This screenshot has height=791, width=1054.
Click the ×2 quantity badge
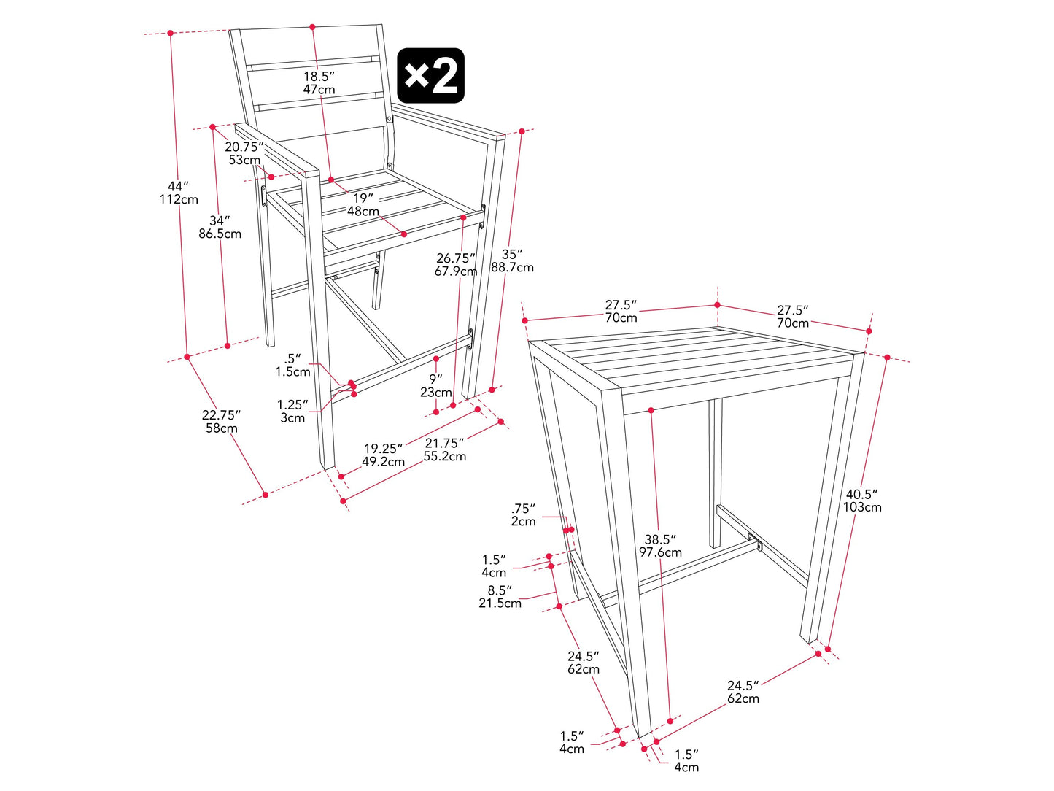tap(430, 75)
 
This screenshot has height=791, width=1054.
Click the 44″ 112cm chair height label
tap(179, 193)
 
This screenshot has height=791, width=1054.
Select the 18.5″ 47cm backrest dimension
tap(319, 82)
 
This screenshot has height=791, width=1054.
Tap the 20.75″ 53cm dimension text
tap(244, 153)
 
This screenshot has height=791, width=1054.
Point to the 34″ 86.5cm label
tap(220, 227)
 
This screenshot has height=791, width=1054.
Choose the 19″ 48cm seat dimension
tap(363, 204)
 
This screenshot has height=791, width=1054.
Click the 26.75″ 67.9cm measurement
tap(456, 265)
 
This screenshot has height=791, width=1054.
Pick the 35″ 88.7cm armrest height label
tap(512, 261)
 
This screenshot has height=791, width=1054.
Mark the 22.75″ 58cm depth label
tap(221, 421)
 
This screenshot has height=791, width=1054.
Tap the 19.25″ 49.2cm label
tap(384, 455)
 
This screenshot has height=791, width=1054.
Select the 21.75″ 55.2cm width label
tap(445, 449)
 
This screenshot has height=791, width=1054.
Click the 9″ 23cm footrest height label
tap(435, 386)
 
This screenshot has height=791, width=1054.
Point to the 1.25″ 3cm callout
tap(292, 412)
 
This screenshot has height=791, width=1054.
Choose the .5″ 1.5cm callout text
tap(292, 365)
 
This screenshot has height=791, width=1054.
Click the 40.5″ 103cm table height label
tap(862, 501)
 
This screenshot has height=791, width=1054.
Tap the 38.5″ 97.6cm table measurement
tap(660, 546)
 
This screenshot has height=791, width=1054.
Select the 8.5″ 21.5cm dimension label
tap(500, 597)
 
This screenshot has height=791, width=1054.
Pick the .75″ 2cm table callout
tap(523, 514)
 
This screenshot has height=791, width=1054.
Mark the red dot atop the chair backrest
tap(312, 27)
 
